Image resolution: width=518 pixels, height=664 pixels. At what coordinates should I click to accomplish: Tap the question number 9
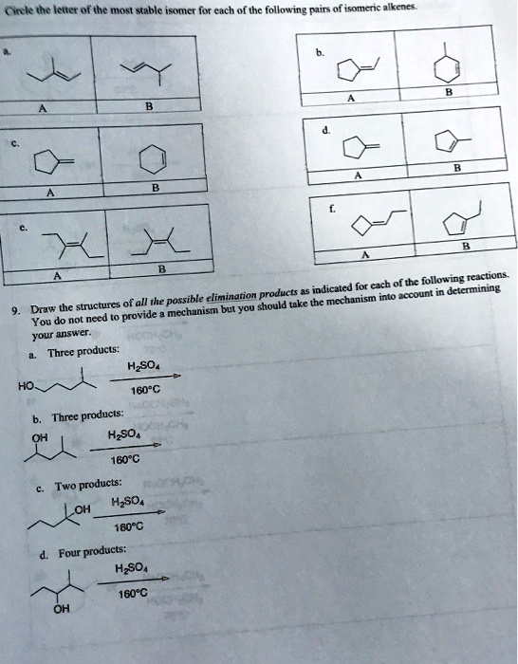(11, 311)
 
